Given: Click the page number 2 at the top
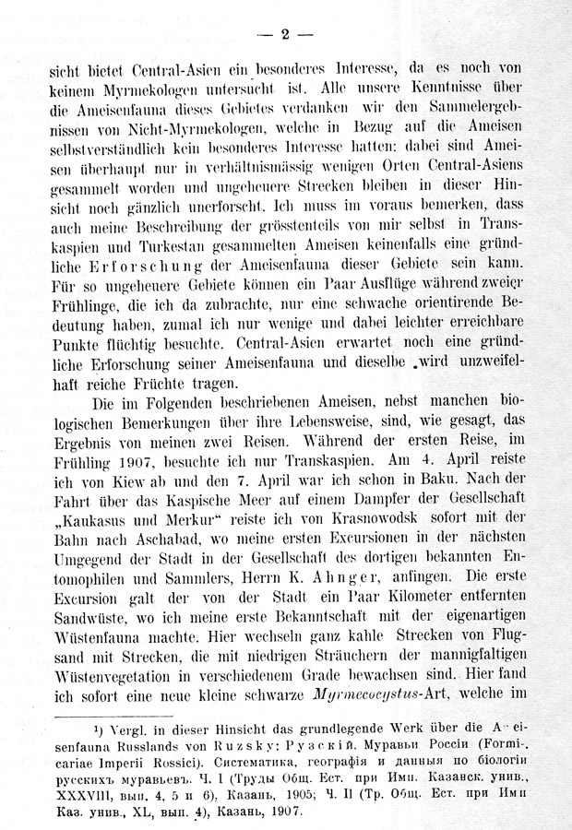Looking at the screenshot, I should pyautogui.click(x=286, y=34).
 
